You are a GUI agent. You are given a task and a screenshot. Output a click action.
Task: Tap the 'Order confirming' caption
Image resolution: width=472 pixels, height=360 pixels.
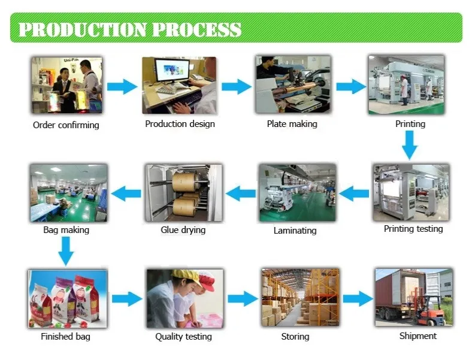[x=66, y=125]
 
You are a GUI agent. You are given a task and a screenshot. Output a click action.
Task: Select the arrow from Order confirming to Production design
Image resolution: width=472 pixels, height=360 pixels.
[x=122, y=86]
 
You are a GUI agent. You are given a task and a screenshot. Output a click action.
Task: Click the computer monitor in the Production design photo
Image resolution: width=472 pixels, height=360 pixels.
[x=172, y=70]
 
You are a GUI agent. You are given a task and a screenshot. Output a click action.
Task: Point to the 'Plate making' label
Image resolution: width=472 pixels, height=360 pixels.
[x=292, y=124]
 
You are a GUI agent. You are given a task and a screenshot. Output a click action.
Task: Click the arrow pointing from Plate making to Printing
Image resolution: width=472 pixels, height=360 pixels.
[x=351, y=86]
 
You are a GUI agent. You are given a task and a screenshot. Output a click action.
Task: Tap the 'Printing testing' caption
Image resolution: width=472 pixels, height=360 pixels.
[x=413, y=229]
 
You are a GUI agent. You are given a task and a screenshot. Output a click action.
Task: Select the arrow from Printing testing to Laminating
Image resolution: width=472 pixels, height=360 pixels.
[x=354, y=193]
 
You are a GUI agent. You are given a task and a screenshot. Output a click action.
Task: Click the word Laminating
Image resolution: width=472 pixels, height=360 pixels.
[x=295, y=231]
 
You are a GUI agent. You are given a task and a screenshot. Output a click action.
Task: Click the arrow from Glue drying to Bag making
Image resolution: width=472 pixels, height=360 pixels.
[x=126, y=193]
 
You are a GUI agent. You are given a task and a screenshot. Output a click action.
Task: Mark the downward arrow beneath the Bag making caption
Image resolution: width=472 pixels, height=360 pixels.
[x=66, y=251]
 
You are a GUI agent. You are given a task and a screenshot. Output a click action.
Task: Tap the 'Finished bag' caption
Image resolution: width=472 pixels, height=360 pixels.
[x=66, y=336]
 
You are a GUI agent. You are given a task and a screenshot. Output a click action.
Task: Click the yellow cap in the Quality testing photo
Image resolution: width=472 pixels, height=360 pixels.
[x=186, y=276]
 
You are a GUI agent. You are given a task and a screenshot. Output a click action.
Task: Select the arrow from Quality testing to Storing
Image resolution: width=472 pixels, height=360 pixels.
[x=243, y=298]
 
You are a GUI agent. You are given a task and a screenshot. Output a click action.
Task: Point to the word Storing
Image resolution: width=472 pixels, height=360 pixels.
[x=295, y=336]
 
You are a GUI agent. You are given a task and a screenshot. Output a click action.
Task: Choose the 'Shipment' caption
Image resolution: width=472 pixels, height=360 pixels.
[x=418, y=335]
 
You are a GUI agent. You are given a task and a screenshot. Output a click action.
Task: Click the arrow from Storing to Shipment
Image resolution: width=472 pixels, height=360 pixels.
[x=358, y=298]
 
